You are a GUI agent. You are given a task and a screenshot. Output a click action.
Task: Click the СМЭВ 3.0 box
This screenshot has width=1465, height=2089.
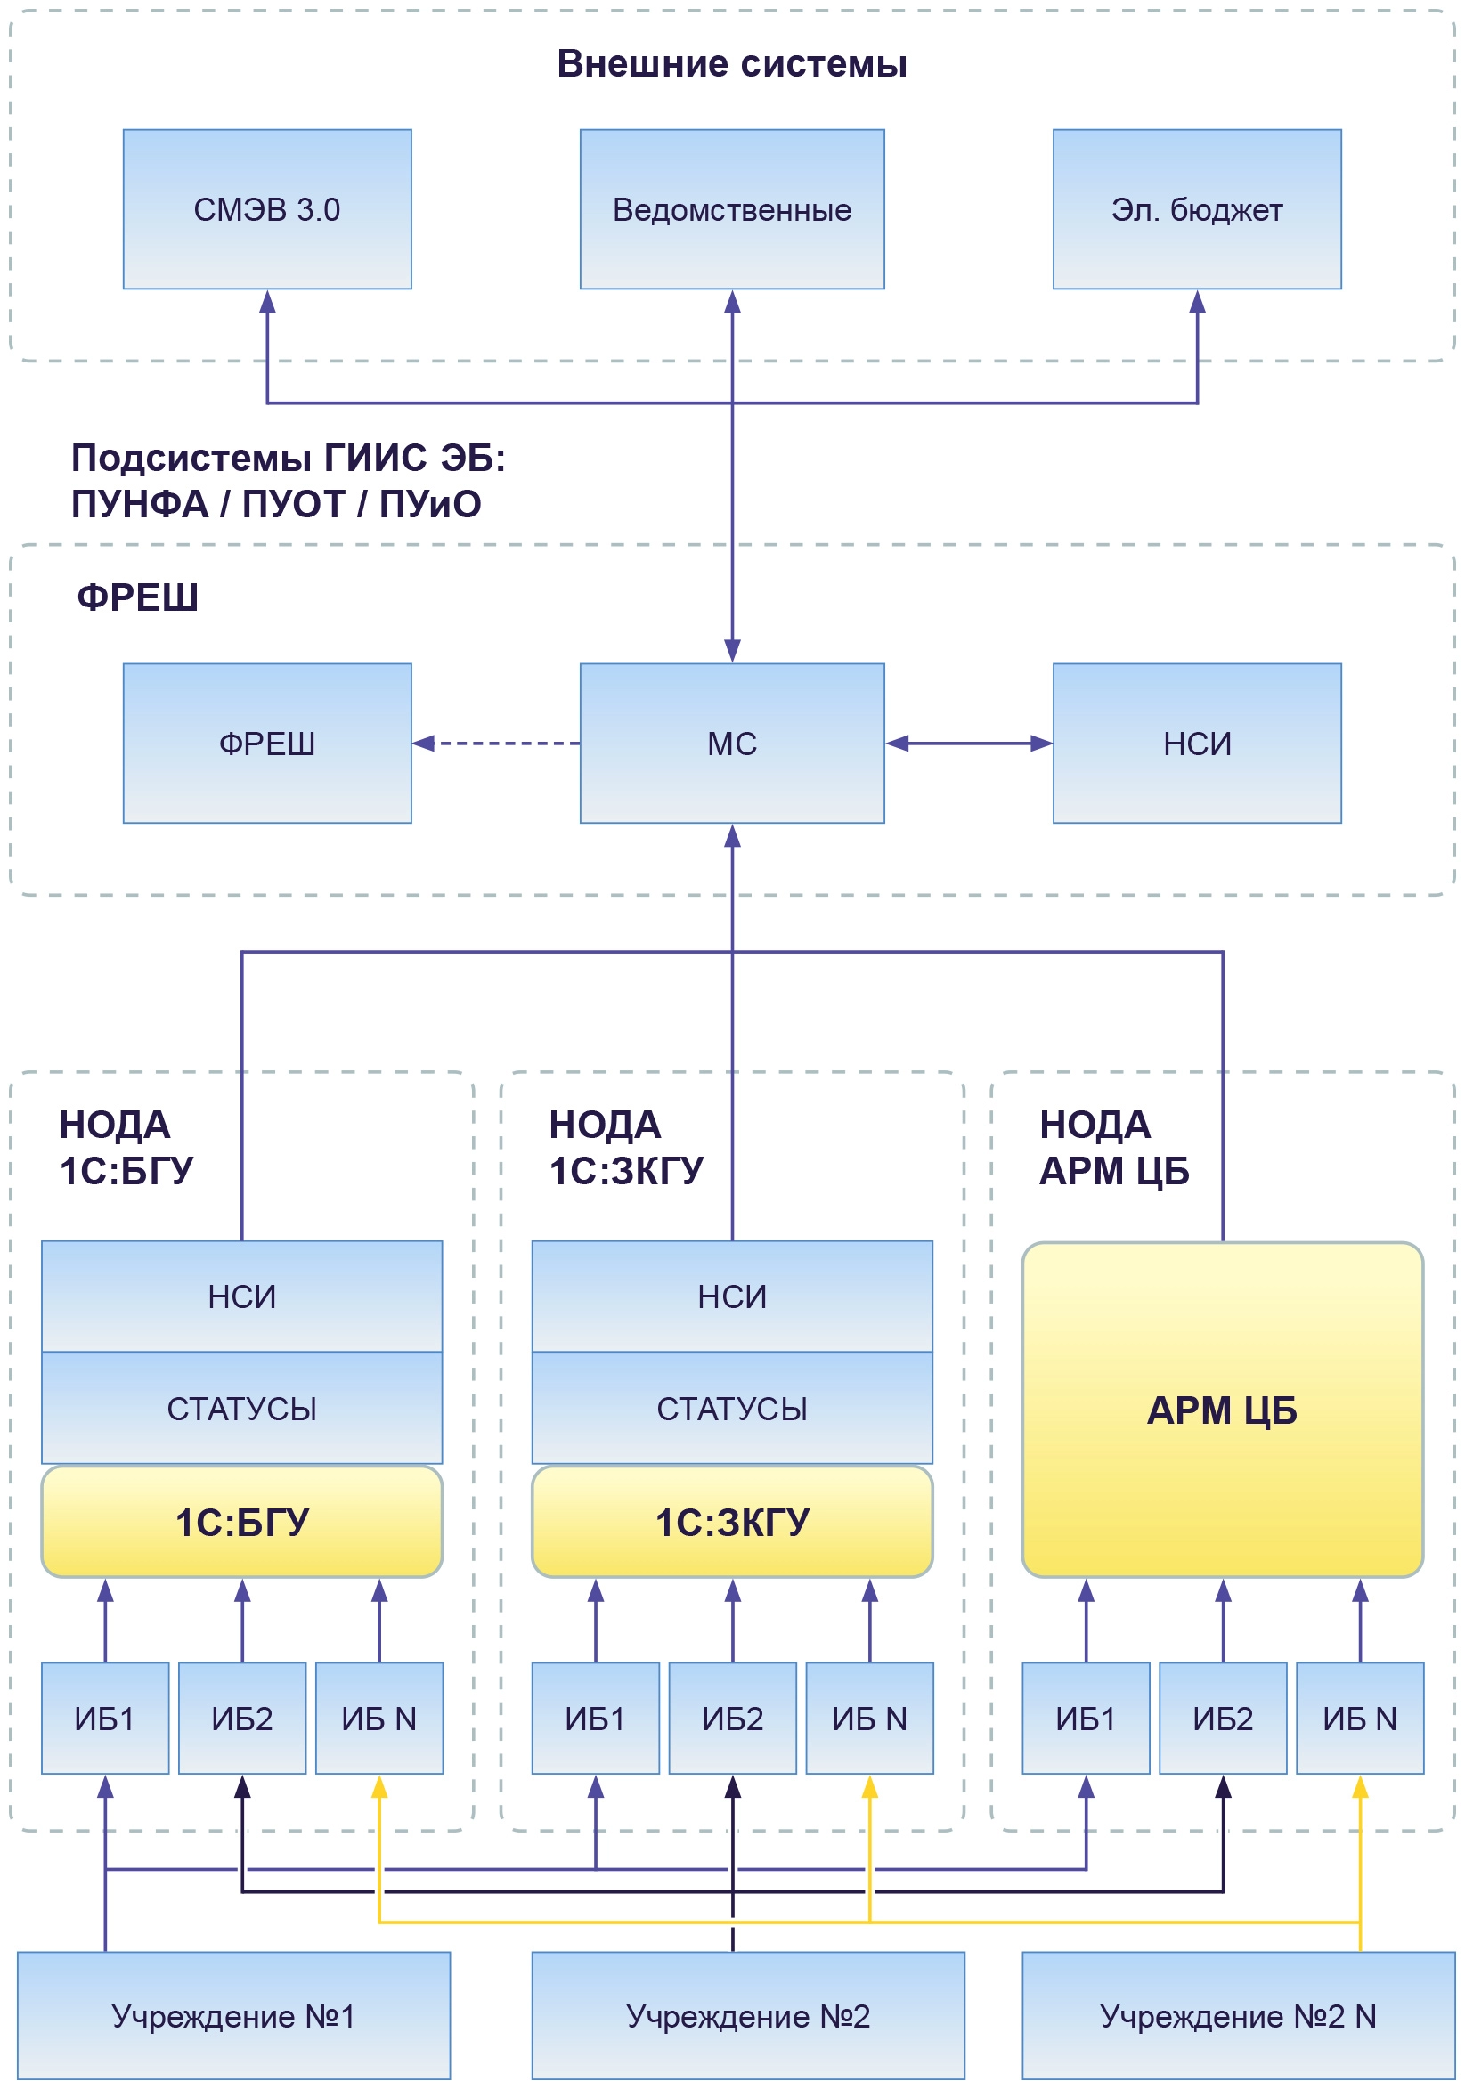(266, 209)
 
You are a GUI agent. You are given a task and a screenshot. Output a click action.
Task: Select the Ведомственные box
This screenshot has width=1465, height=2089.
(731, 209)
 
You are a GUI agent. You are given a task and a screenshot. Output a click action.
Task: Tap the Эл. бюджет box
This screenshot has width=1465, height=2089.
(1197, 209)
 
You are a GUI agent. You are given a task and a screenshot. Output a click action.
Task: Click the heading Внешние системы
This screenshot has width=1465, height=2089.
(731, 65)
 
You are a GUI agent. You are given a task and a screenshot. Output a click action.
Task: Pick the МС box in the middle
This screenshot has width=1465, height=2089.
(731, 744)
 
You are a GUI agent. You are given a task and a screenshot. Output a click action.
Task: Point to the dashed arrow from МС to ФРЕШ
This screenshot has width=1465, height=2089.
(496, 744)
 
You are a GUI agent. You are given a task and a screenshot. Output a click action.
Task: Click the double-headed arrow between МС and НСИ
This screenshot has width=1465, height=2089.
(968, 744)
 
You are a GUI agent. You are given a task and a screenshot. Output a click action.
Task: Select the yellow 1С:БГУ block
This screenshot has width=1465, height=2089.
(242, 1522)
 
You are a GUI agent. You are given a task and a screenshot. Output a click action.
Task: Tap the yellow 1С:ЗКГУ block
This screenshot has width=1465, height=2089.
(731, 1522)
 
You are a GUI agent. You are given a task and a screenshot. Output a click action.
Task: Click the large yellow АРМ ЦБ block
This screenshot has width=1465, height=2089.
(1222, 1410)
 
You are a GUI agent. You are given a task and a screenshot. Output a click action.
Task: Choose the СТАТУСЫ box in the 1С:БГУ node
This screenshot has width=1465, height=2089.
(242, 1409)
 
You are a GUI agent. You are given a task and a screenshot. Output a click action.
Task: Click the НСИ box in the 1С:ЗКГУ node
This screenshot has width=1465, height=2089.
(731, 1296)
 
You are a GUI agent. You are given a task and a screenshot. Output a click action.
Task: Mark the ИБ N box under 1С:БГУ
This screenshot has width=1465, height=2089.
(378, 1719)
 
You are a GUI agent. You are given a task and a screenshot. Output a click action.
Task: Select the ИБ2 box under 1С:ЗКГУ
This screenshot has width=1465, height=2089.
(731, 1719)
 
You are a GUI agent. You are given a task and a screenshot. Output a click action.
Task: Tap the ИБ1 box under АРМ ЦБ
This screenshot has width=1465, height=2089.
(1086, 1719)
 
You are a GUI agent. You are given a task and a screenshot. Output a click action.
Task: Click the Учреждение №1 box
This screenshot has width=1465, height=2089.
(233, 2016)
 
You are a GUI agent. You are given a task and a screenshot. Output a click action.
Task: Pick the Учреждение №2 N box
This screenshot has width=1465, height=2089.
(1238, 2016)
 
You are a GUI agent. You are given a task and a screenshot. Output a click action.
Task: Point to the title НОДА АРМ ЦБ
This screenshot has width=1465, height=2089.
(1114, 1147)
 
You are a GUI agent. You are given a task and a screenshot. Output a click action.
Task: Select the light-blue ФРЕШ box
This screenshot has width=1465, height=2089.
(266, 744)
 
